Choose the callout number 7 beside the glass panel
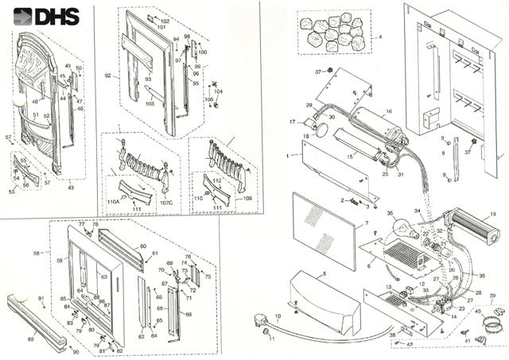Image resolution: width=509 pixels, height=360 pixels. point(366,224)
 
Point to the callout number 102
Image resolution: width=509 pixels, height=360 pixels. point(165,20)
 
